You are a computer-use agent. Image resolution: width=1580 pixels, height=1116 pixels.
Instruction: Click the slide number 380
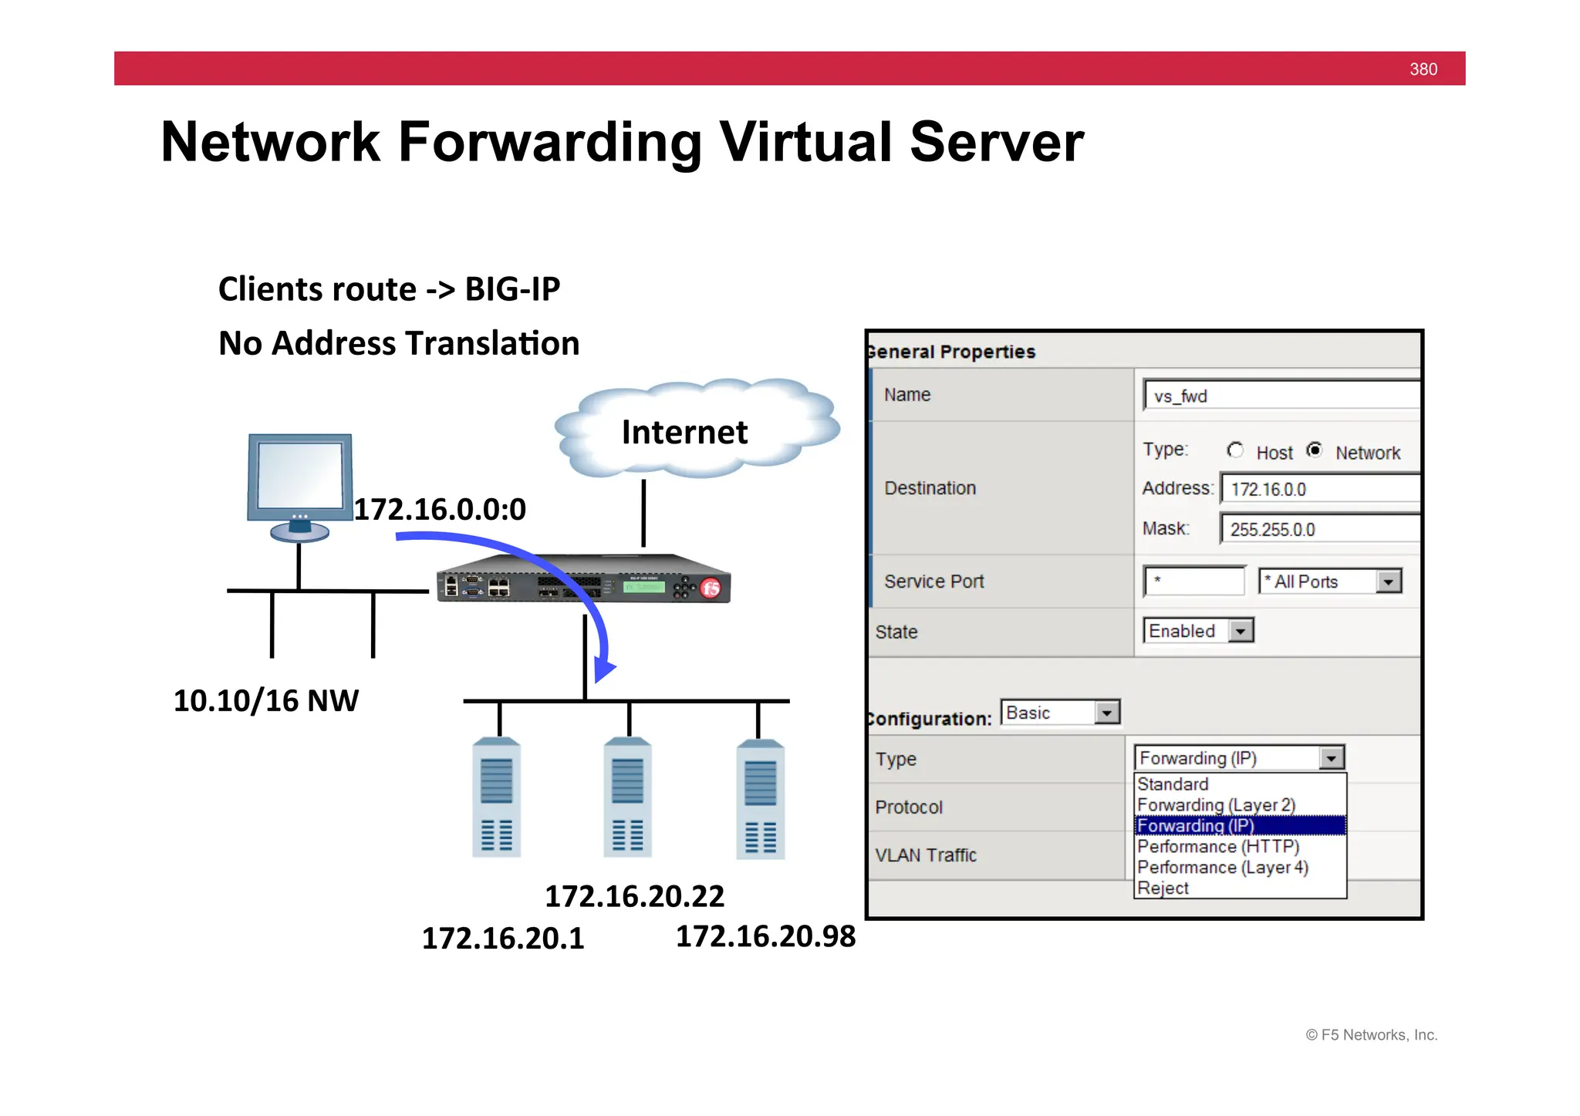(1423, 69)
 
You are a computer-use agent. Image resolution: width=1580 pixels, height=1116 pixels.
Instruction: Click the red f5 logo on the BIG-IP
(711, 589)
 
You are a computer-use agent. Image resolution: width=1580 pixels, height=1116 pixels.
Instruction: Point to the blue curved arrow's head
(604, 669)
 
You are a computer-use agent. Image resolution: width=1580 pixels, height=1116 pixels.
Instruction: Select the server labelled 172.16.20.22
(628, 798)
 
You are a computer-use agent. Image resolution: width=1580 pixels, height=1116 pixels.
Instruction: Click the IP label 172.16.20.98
(765, 936)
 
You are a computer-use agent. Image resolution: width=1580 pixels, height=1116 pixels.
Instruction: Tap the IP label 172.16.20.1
(503, 939)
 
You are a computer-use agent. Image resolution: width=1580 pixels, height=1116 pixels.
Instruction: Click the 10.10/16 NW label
(266, 700)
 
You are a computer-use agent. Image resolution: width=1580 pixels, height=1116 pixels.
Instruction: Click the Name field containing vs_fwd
(1281, 396)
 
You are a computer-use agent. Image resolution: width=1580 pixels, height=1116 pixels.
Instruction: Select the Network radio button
(1315, 450)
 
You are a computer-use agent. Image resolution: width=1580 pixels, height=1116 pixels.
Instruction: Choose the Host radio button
(1235, 450)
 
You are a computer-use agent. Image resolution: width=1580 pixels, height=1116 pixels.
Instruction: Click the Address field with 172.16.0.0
(1319, 489)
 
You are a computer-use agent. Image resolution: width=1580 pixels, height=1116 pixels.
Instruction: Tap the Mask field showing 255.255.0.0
(1319, 529)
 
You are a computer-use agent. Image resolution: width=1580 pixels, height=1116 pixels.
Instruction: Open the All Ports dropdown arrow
(1389, 582)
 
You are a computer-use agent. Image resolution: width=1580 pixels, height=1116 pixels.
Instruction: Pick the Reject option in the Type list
(1163, 888)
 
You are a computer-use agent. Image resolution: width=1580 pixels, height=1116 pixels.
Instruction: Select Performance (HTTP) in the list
(1218, 847)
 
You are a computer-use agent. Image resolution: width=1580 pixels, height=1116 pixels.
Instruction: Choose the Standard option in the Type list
(1173, 784)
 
